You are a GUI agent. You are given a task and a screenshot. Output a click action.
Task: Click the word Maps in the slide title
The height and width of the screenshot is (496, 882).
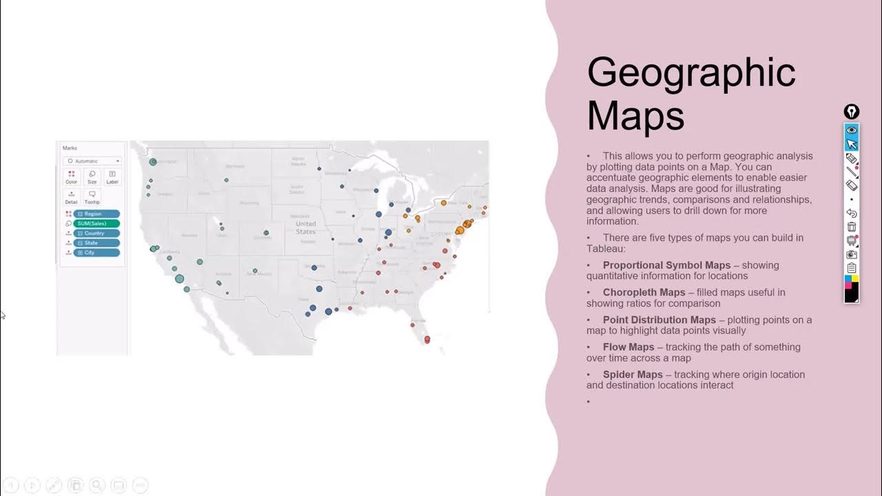pos(635,116)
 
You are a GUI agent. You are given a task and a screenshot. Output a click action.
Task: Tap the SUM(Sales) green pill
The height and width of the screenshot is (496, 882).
pos(96,223)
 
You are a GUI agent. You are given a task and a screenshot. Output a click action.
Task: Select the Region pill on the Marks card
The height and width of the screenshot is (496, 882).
pos(96,214)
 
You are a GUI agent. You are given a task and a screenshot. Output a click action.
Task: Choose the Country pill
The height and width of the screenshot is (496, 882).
pos(96,233)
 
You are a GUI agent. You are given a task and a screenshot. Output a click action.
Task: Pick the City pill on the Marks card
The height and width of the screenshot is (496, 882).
pos(96,253)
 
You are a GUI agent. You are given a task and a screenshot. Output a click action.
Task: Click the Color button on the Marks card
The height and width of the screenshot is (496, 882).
pos(72,176)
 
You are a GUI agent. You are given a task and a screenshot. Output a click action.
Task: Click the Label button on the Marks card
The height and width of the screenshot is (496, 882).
pos(112,176)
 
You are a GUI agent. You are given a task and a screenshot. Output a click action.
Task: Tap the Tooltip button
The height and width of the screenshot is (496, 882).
pos(92,197)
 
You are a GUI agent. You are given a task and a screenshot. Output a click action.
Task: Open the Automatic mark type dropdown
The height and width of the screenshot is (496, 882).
pos(92,161)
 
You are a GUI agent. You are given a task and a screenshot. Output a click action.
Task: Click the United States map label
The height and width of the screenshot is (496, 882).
pos(305,227)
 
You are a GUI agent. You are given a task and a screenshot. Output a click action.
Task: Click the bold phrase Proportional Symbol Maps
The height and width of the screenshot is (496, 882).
pos(666,265)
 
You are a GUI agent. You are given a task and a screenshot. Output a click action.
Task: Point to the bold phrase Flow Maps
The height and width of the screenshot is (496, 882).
pos(628,347)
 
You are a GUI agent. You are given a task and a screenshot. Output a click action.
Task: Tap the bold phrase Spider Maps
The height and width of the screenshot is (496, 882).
pos(633,375)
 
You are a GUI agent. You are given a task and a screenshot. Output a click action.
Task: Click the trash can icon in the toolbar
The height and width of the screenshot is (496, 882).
pos(852,227)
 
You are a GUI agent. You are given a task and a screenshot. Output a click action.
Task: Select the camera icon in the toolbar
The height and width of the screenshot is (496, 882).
pos(852,254)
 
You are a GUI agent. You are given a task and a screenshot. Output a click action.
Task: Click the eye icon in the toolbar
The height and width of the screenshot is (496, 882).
pos(852,130)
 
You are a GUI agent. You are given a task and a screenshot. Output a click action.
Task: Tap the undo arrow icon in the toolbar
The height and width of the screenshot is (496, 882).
pos(852,214)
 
